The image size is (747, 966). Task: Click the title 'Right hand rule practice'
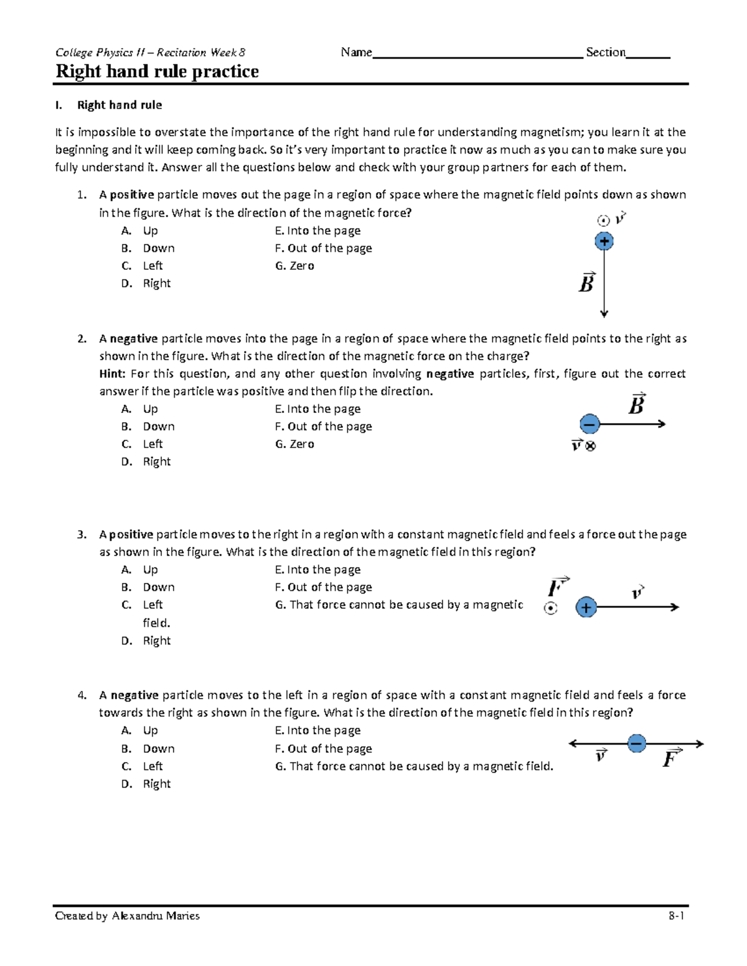pyautogui.click(x=157, y=72)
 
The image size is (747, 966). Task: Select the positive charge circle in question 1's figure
pyautogui.click(x=604, y=241)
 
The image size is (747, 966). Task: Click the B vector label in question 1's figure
pyautogui.click(x=587, y=283)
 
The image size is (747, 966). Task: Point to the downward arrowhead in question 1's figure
pyautogui.click(x=604, y=313)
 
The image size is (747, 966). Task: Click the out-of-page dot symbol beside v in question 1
pyautogui.click(x=603, y=220)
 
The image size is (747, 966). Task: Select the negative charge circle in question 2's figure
pyautogui.click(x=590, y=424)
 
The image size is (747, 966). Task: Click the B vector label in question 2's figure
pyautogui.click(x=636, y=405)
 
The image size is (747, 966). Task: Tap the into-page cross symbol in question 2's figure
pyautogui.click(x=591, y=446)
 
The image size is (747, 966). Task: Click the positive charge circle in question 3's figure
pyautogui.click(x=586, y=607)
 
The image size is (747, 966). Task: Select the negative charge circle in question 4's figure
pyautogui.click(x=636, y=743)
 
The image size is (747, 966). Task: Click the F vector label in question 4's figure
pyautogui.click(x=671, y=759)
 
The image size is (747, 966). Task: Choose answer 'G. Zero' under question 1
pyautogui.click(x=294, y=266)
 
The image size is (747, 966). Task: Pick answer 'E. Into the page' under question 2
pyautogui.click(x=317, y=409)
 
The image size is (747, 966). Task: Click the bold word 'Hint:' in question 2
pyautogui.click(x=112, y=374)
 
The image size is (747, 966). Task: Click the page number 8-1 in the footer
pyautogui.click(x=677, y=916)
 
